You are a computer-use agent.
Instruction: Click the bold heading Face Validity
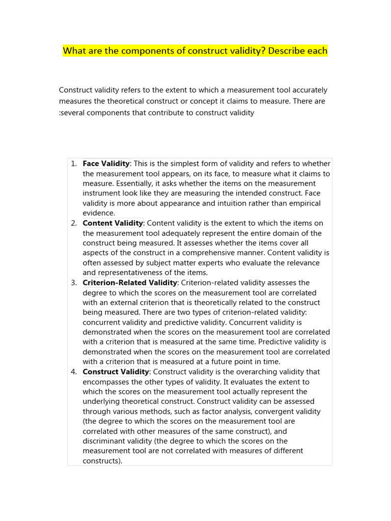[x=106, y=163]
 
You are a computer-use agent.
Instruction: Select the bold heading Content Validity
[x=113, y=223]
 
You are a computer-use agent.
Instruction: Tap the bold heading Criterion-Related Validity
[x=130, y=282]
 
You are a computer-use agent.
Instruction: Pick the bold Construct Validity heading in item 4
[x=116, y=372]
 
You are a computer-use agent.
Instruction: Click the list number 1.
[x=73, y=163]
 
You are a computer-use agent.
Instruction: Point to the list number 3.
[x=73, y=282]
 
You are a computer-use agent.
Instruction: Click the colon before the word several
[x=60, y=113]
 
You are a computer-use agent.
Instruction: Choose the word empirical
[x=303, y=203]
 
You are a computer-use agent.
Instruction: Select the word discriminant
[x=105, y=441]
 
